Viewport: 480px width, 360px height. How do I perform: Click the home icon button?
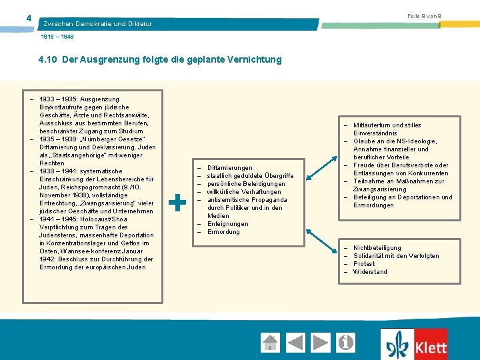pos(270,343)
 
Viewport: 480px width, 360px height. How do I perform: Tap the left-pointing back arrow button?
pos(295,343)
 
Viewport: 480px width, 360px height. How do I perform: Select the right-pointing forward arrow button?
pos(321,343)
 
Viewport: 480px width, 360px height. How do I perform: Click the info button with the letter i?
pos(346,343)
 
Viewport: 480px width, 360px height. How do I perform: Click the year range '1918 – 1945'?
pos(58,37)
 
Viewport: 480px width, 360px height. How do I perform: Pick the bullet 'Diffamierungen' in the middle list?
pos(229,168)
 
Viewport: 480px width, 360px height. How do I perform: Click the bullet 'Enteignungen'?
pos(227,224)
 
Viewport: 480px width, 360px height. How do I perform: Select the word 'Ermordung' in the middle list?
pos(223,232)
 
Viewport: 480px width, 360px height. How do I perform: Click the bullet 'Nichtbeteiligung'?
pos(377,248)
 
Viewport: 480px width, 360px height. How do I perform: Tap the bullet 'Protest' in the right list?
pos(364,264)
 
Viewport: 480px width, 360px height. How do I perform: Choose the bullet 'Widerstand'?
pos(370,272)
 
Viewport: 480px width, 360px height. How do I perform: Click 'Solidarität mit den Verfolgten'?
pos(396,256)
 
